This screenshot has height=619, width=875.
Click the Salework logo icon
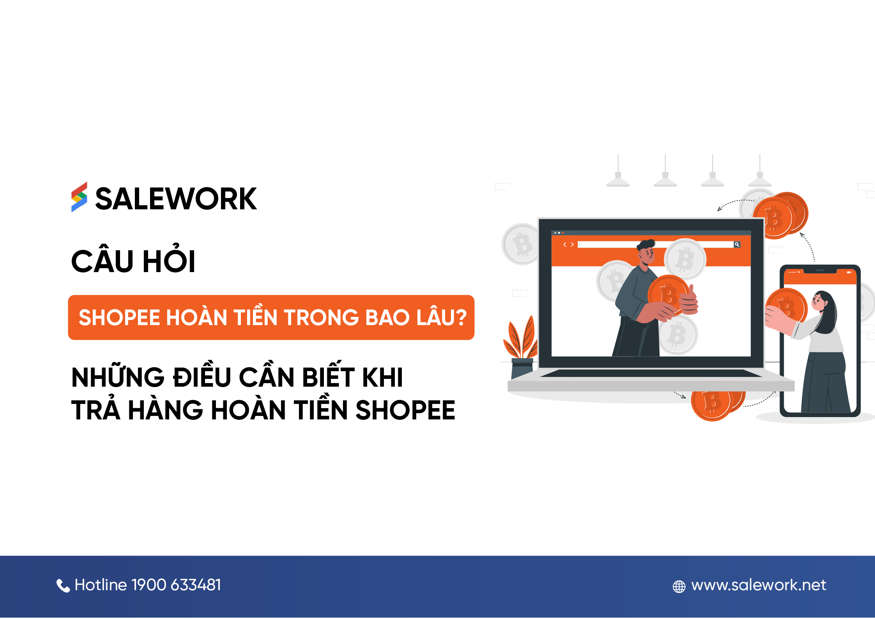click(x=79, y=197)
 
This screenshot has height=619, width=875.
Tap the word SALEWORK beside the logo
click(x=176, y=199)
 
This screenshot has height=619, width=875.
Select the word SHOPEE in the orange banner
click(x=119, y=317)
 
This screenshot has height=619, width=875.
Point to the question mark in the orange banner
click(x=461, y=317)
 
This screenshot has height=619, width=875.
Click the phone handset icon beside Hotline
click(x=63, y=585)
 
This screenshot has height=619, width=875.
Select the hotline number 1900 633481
click(x=176, y=585)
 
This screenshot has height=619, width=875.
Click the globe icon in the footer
click(x=679, y=586)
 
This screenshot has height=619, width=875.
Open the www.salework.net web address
click(x=758, y=585)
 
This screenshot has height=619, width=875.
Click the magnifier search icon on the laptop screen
click(x=737, y=244)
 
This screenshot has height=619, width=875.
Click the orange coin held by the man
click(x=667, y=294)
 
